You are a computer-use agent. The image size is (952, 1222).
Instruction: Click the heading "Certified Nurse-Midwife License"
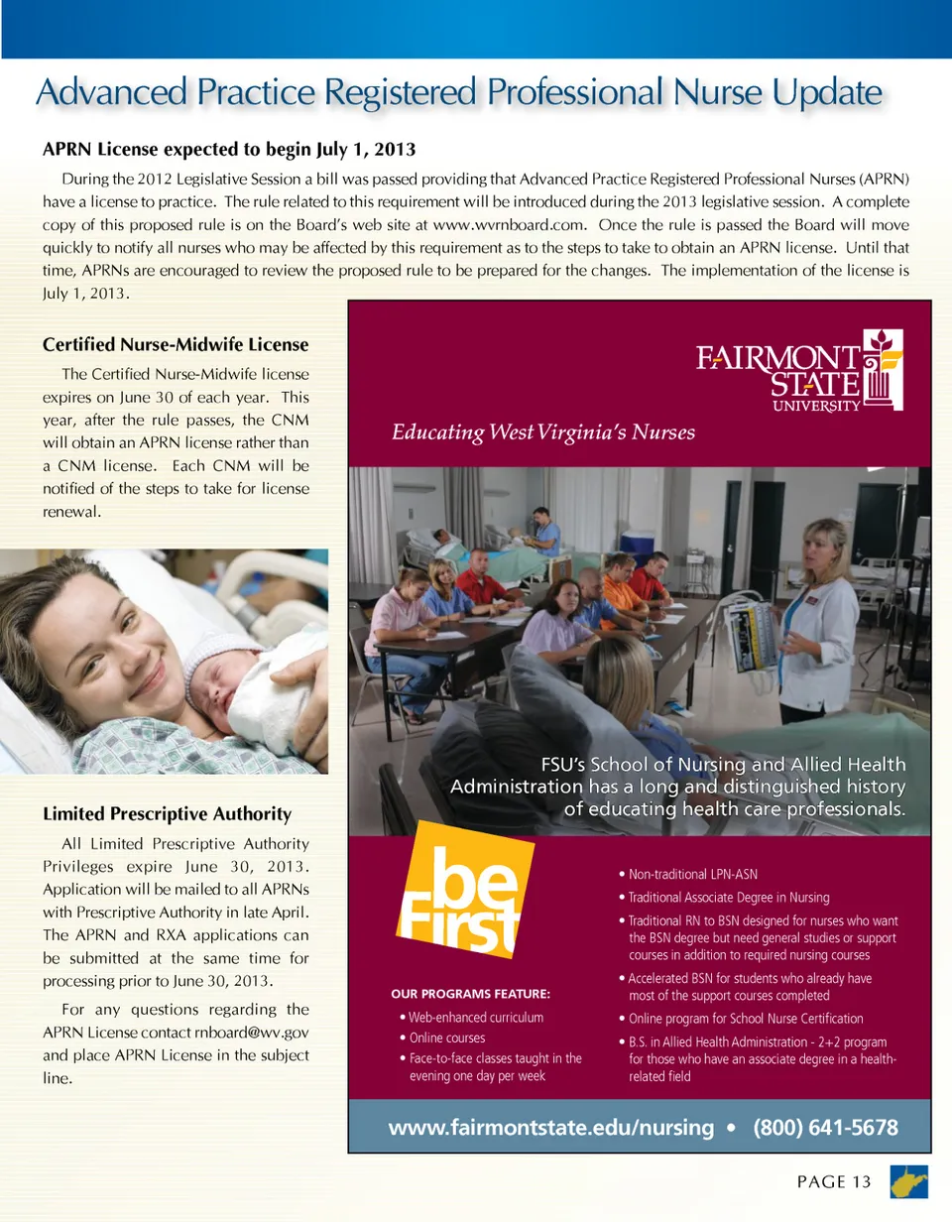pyautogui.click(x=176, y=345)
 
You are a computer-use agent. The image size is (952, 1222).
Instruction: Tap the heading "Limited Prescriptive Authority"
pyautogui.click(x=167, y=814)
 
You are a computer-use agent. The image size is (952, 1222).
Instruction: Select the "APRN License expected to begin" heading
pyautogui.click(x=228, y=150)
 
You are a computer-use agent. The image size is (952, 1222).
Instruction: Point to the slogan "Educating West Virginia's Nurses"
pyautogui.click(x=542, y=432)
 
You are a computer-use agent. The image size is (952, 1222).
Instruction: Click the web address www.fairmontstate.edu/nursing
pyautogui.click(x=550, y=1128)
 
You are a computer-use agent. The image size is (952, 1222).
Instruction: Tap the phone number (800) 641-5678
pyautogui.click(x=826, y=1128)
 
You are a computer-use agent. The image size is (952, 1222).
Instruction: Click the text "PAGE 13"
pyautogui.click(x=833, y=1181)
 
